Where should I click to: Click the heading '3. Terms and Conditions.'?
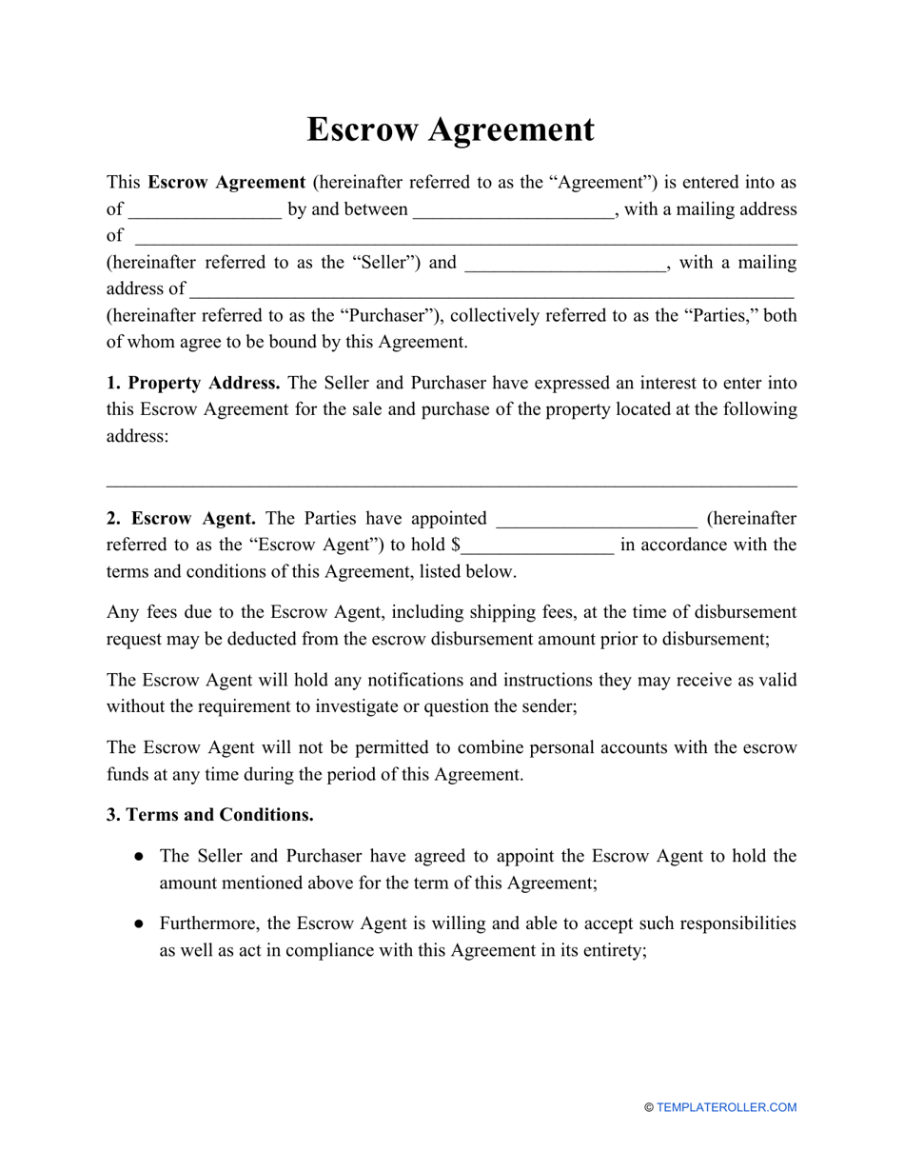[210, 815]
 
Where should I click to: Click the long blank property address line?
[452, 486]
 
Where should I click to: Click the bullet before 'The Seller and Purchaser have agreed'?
[139, 857]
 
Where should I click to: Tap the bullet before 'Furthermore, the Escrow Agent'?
[139, 923]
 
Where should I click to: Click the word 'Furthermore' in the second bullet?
[208, 923]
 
